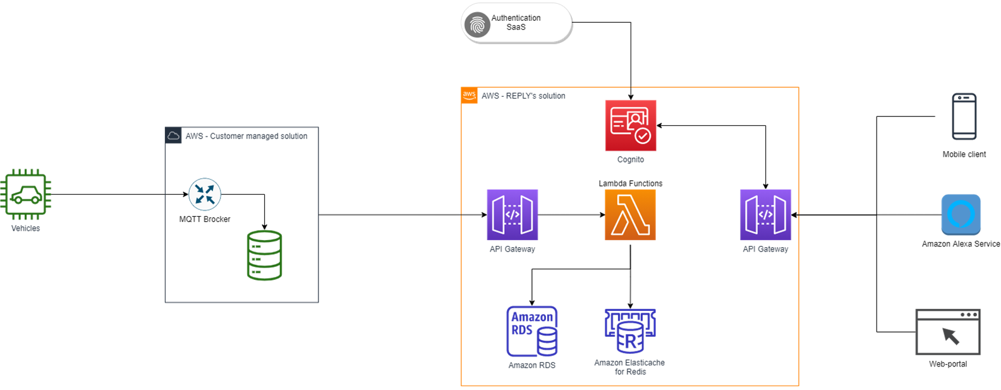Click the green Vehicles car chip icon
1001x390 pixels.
click(x=26, y=195)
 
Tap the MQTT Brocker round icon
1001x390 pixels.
click(x=205, y=194)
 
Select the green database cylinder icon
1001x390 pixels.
click(x=264, y=255)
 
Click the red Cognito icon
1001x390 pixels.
click(x=631, y=125)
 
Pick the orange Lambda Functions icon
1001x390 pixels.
click(x=630, y=215)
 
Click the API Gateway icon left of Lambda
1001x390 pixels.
click(x=513, y=215)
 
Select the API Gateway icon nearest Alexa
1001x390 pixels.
click(x=765, y=215)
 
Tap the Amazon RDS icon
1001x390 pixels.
click(x=532, y=332)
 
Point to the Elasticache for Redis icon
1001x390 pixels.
click(x=630, y=331)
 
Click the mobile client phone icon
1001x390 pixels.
click(x=964, y=116)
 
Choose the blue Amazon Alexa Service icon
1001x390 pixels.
click(x=961, y=215)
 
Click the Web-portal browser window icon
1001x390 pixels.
click(x=948, y=332)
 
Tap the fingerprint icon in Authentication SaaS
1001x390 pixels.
click(x=477, y=25)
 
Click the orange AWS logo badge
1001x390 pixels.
click(x=469, y=95)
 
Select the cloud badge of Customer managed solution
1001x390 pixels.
click(x=173, y=135)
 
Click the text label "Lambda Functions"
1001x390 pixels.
click(x=631, y=183)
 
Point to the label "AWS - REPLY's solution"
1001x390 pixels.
click(x=523, y=96)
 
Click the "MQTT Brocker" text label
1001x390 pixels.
click(x=205, y=219)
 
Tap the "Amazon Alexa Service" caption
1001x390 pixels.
click(x=961, y=244)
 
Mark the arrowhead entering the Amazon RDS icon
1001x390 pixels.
click(x=532, y=303)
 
